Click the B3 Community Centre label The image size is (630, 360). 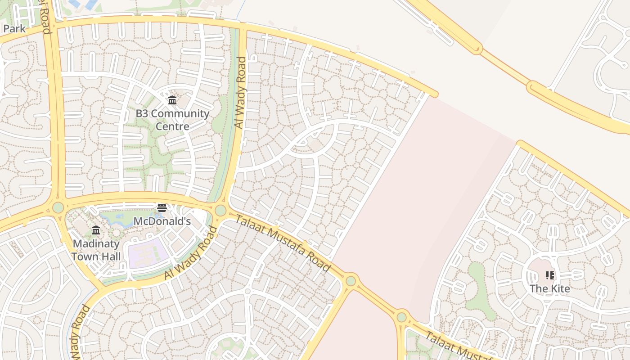172,120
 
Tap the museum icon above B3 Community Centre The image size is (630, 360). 172,100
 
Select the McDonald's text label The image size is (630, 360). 162,221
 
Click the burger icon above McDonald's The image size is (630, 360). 162,208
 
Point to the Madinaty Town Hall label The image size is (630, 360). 96,250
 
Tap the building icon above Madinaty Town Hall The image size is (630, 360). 96,231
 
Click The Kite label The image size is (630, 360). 549,288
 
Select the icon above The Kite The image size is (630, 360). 549,275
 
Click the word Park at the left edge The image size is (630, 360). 14,29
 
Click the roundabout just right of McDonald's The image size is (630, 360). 220,210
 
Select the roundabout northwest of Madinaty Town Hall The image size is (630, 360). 58,207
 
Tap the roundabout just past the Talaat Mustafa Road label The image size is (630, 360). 351,281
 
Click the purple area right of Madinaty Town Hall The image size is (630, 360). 148,253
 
